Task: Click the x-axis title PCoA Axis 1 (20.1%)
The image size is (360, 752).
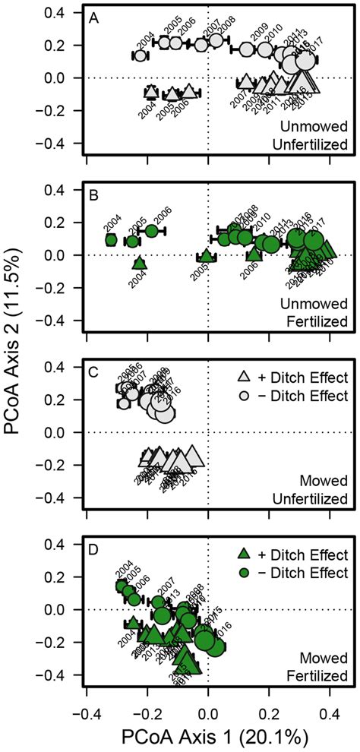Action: pyautogui.click(x=208, y=737)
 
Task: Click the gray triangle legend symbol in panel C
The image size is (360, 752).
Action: pyautogui.click(x=244, y=378)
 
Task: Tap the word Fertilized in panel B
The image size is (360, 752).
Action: pyautogui.click(x=321, y=321)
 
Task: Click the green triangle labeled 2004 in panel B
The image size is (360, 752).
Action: pyautogui.click(x=138, y=264)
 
